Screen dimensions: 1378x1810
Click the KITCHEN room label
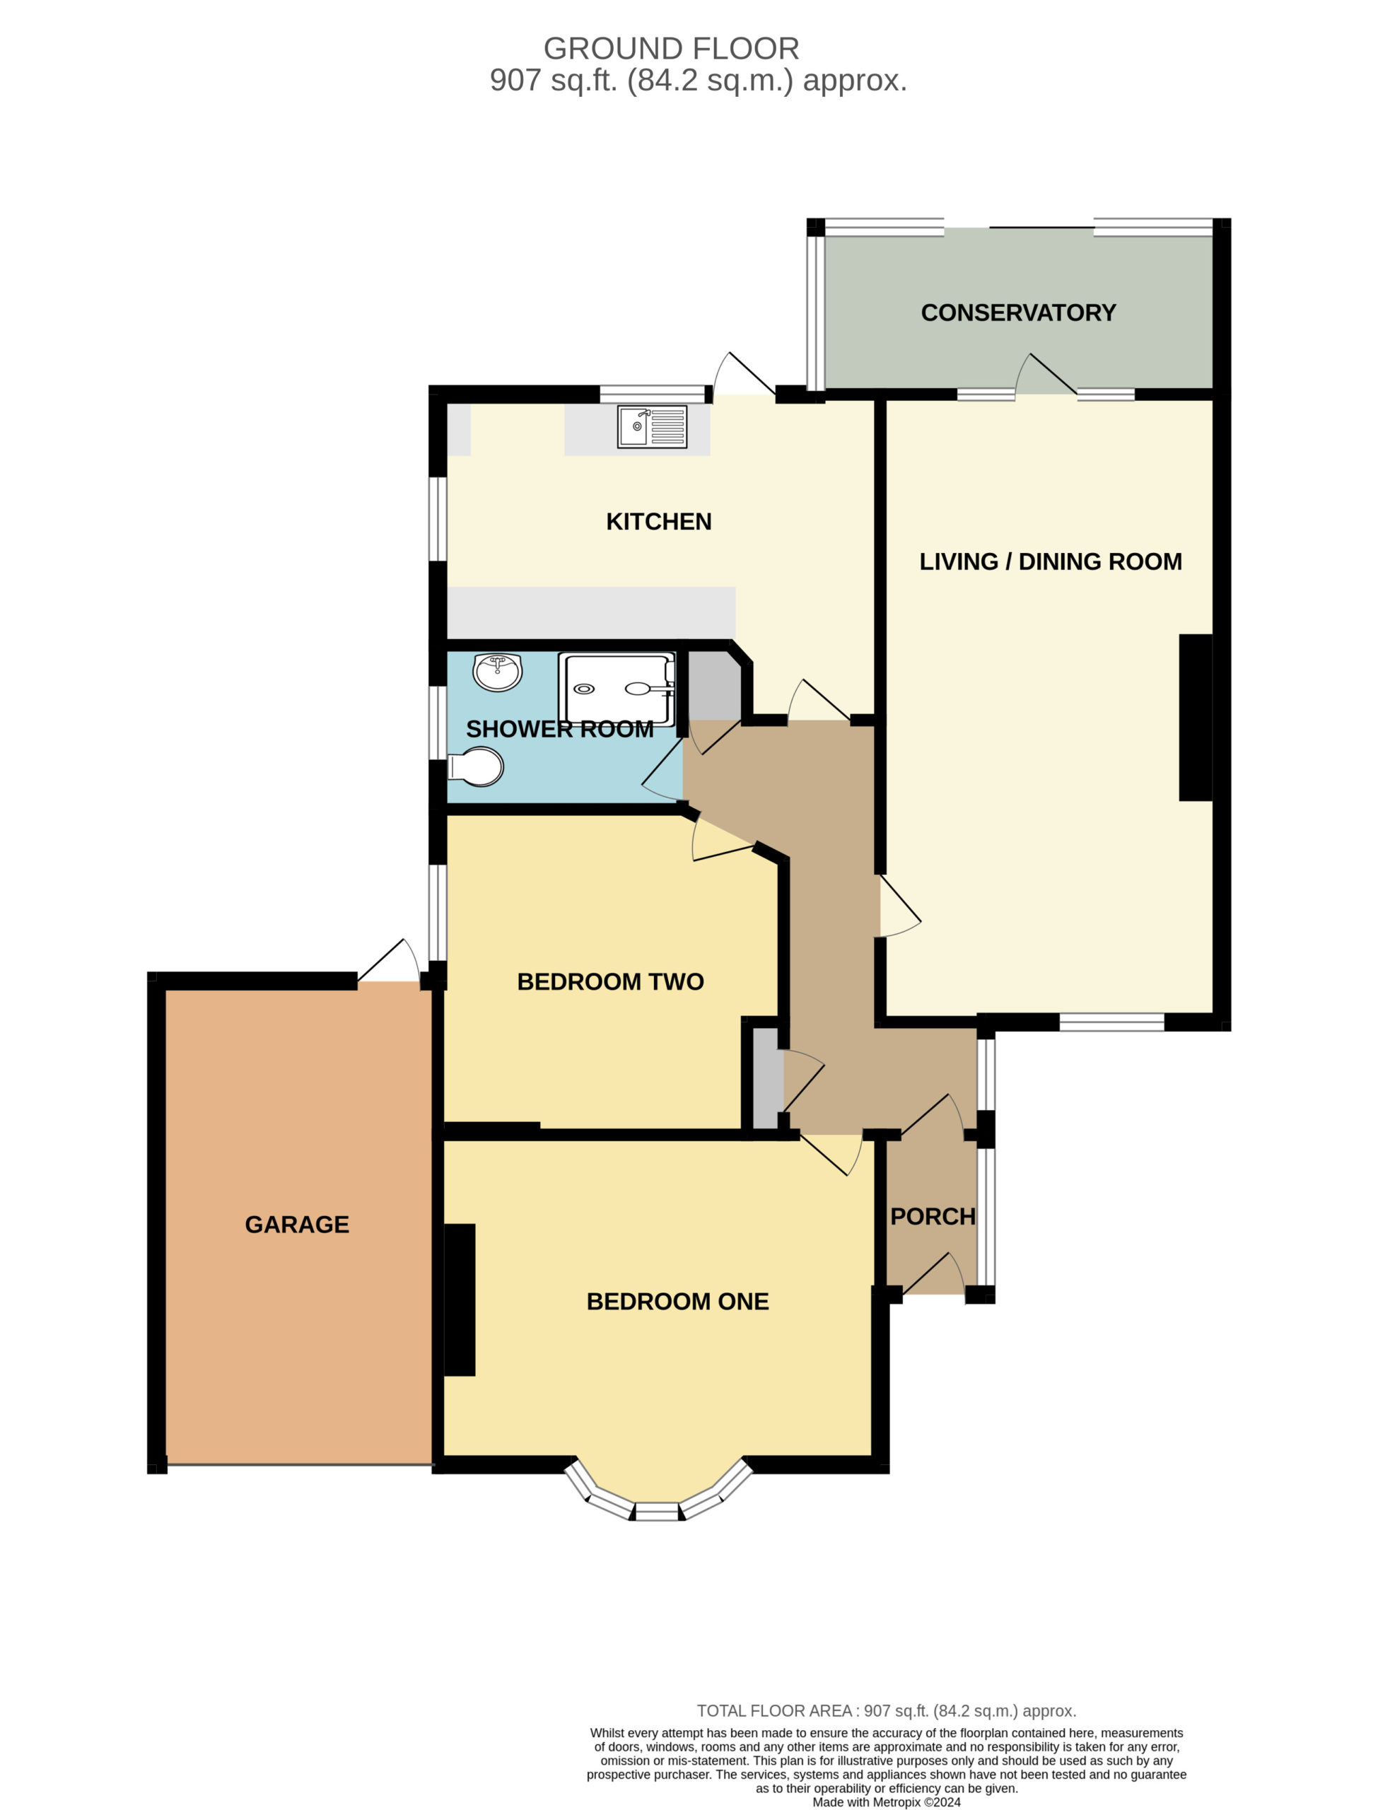tap(659, 522)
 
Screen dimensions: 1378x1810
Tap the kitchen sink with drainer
tap(652, 426)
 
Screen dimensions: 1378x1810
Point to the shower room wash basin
tap(497, 672)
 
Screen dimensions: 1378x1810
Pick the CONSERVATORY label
tap(1019, 313)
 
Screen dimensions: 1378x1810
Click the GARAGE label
tap(297, 1225)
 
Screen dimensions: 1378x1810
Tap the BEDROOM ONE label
tap(677, 1302)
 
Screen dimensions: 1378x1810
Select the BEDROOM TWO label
tap(610, 981)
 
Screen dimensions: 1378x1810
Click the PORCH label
tap(933, 1216)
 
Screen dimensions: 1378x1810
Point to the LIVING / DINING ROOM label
tap(1051, 562)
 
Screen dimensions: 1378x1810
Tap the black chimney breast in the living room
tap(1196, 717)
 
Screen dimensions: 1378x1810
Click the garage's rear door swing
tap(389, 959)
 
